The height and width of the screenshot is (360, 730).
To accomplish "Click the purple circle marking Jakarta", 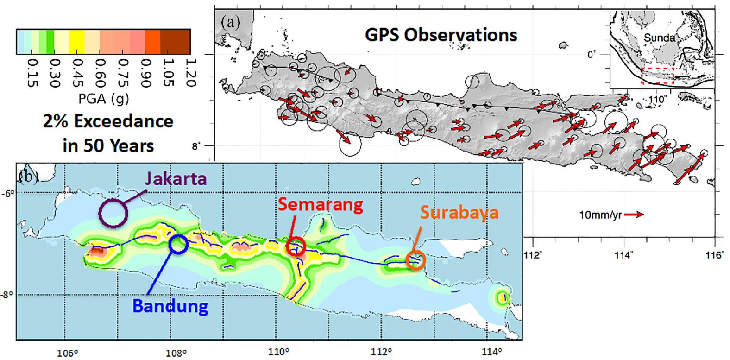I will [x=113, y=213].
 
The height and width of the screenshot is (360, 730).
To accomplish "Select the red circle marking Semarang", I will [x=296, y=246].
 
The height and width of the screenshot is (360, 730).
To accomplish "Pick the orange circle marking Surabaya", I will [x=415, y=259].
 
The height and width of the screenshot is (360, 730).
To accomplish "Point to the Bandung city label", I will [x=170, y=306].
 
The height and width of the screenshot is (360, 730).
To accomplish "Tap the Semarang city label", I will [x=320, y=205].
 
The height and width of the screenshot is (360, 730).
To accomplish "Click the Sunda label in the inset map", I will [x=659, y=38].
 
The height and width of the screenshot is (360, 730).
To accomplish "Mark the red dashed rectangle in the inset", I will [x=657, y=76].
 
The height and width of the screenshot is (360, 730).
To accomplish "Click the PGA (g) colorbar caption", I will [x=104, y=99].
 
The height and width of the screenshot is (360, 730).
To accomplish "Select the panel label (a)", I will [x=230, y=21].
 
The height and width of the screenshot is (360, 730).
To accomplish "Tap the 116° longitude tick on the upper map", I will [x=715, y=256].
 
